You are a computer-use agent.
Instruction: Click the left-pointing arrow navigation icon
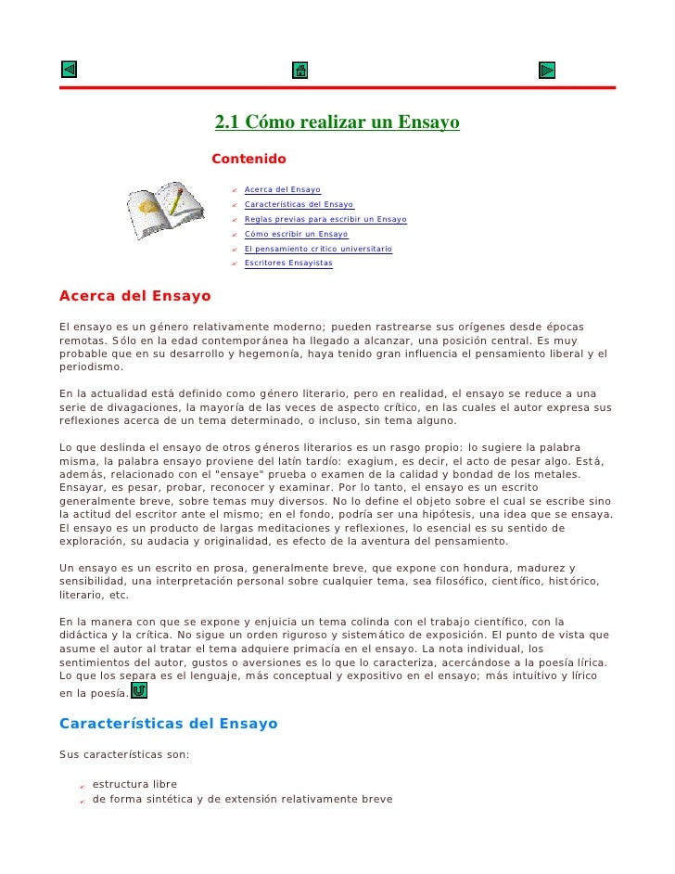69,70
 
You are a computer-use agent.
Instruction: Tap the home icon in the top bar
299,70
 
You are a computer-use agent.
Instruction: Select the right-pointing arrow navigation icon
547,70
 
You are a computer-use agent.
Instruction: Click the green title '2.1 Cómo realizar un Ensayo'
337,122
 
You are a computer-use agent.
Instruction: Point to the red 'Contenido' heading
248,160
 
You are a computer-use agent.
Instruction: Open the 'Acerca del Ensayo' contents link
282,190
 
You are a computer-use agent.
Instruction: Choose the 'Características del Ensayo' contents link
299,204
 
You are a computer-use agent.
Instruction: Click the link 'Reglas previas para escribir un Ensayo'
325,219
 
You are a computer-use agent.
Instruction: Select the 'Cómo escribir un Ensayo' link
296,234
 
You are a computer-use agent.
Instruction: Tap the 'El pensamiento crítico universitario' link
318,249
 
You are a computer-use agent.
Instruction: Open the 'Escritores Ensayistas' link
288,263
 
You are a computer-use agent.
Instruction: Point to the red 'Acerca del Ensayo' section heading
135,297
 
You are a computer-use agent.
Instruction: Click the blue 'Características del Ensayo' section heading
168,723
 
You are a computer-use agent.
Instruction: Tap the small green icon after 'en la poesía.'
138,691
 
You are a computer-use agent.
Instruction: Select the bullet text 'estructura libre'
134,784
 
